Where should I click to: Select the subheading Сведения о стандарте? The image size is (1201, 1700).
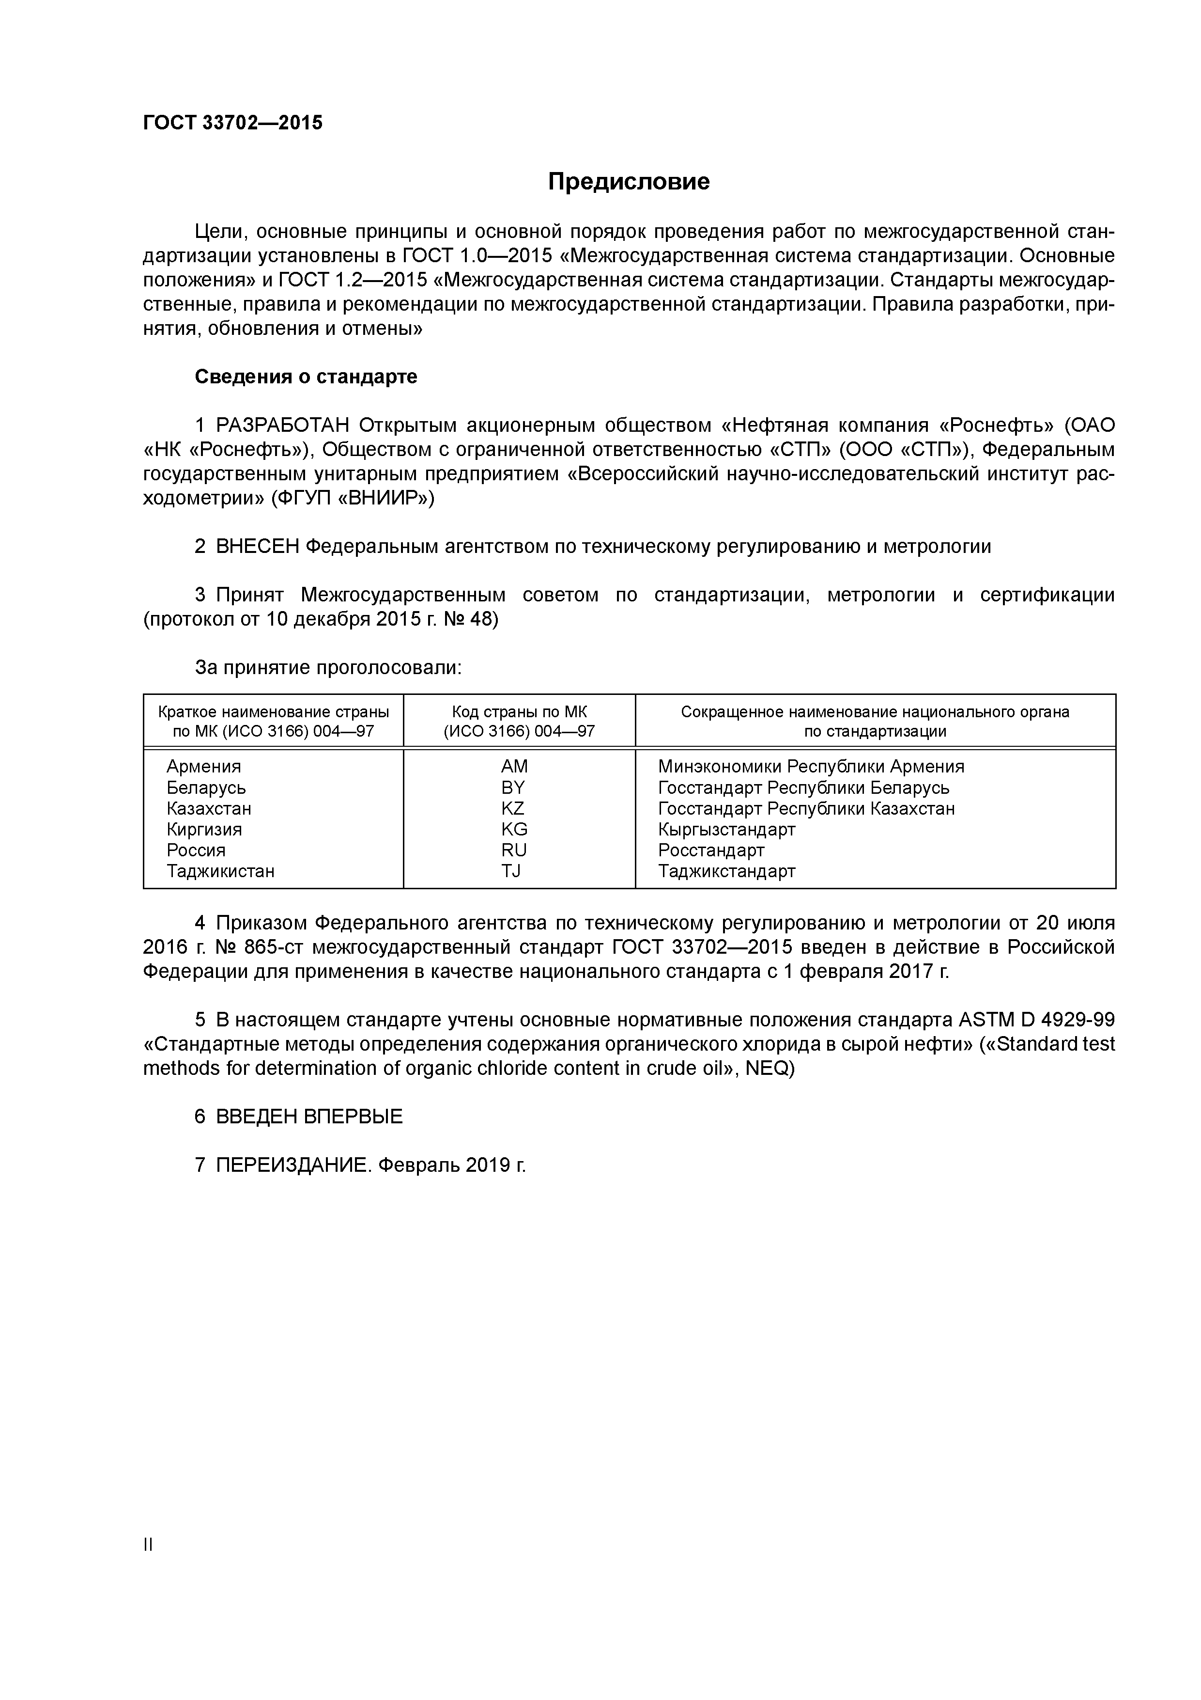click(x=306, y=377)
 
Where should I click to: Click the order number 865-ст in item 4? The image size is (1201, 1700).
click(x=275, y=948)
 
